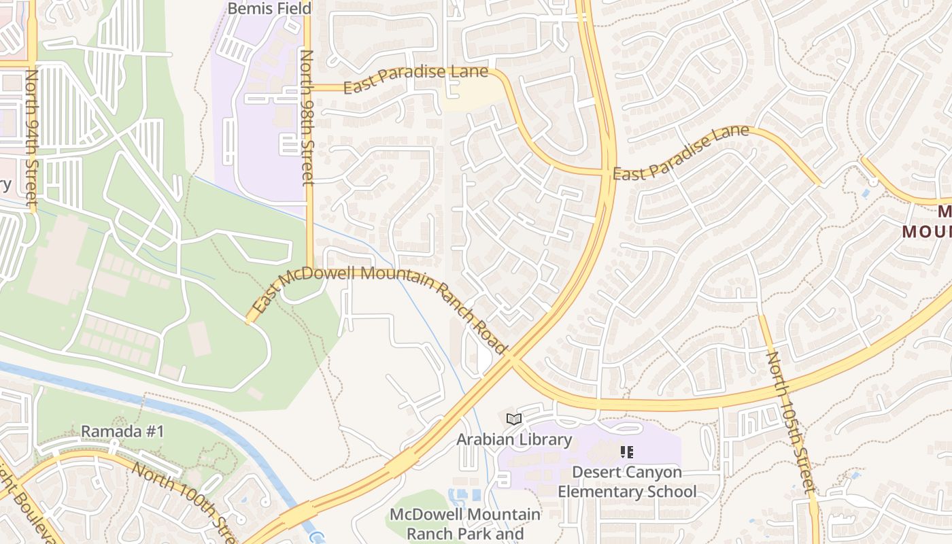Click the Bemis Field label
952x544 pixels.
click(x=269, y=9)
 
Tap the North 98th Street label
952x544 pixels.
click(x=307, y=117)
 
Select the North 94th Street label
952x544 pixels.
click(x=32, y=136)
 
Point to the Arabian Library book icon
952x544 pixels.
click(x=514, y=420)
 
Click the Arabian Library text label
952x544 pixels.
click(x=514, y=439)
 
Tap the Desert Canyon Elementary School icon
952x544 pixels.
click(x=627, y=452)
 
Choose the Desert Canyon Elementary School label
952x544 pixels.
click(x=627, y=481)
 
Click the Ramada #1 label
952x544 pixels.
click(x=122, y=431)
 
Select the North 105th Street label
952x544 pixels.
click(x=790, y=422)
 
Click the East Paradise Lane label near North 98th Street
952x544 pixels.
click(x=415, y=80)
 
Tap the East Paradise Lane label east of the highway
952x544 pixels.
click(x=681, y=152)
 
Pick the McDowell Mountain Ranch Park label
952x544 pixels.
click(x=466, y=524)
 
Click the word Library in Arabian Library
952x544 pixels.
click(x=545, y=439)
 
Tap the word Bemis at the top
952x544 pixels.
click(x=249, y=9)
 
